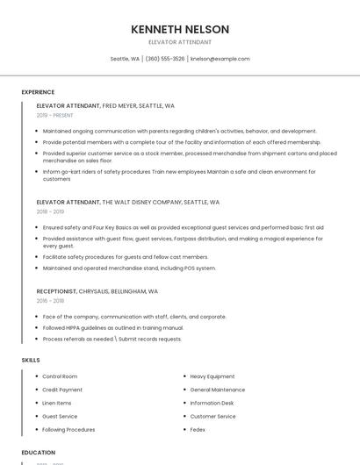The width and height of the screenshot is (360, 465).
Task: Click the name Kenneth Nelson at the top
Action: [x=180, y=29]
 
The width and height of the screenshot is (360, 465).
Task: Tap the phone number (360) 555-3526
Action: [x=165, y=59]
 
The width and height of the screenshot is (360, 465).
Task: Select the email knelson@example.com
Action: [x=220, y=59]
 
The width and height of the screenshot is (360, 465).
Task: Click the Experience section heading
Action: [x=38, y=91]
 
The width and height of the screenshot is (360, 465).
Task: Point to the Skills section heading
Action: [x=31, y=360]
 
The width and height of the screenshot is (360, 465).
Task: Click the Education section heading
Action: [x=38, y=453]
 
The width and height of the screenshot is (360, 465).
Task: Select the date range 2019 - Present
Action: [x=55, y=115]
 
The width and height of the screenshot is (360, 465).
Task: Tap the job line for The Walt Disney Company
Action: [x=127, y=202]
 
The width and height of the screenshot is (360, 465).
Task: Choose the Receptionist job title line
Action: [x=97, y=290]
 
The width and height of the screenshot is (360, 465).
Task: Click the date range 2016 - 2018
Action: [x=50, y=300]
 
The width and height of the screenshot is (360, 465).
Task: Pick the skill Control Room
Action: [x=60, y=376]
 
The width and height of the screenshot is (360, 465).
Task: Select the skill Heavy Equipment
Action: [x=212, y=376]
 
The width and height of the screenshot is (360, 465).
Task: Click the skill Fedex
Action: [x=198, y=430]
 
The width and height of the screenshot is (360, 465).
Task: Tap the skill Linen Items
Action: [x=57, y=403]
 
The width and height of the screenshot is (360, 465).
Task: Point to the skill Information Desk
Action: [x=212, y=403]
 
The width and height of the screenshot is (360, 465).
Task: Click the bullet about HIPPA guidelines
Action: [x=113, y=327]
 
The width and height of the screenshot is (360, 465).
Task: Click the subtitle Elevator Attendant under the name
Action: [x=180, y=42]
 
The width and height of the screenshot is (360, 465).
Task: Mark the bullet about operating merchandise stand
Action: [x=129, y=268]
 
